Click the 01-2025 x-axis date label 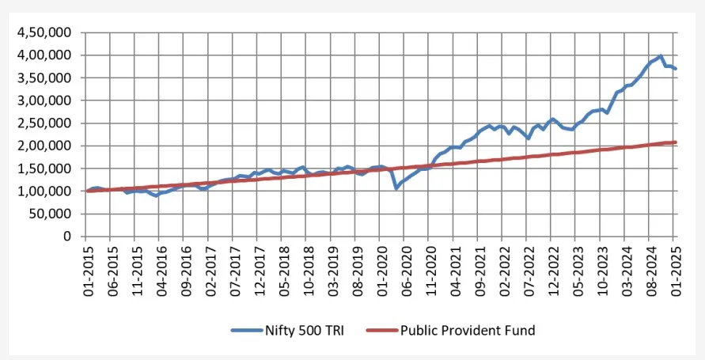pos(674,269)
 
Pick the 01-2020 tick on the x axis pos(381,269)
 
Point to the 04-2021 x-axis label pos(454,269)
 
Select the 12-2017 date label pos(258,269)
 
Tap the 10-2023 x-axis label pos(601,269)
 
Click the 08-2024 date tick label pos(650,269)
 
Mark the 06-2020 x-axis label pos(405,269)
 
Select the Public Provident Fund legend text pos(468,330)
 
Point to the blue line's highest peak pos(661,56)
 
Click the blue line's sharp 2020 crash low pos(396,188)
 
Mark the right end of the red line pos(675,142)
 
